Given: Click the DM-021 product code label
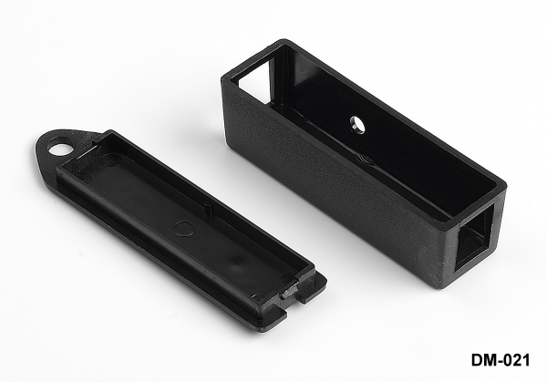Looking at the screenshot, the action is click(501, 360).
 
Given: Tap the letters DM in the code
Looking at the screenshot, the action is click(481, 360).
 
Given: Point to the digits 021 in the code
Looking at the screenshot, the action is click(516, 360).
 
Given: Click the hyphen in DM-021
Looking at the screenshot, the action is click(497, 362).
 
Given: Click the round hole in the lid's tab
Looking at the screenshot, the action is click(59, 148).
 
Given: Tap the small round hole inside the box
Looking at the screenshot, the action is click(357, 124).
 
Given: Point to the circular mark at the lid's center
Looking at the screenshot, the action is click(184, 228).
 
